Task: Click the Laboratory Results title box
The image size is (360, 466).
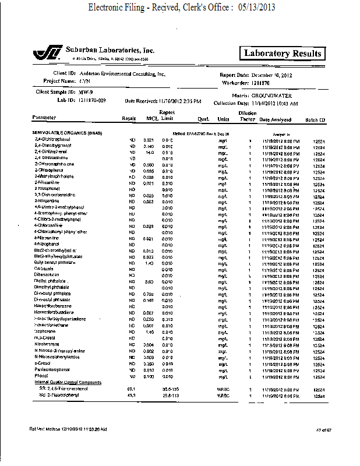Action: [283, 54]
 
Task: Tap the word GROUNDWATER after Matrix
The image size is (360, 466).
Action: [272, 95]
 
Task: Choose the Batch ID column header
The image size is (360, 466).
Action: [315, 119]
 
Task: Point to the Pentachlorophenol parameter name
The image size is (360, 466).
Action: [53, 370]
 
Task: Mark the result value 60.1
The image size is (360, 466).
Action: [131, 389]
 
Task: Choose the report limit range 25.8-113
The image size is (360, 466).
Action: [170, 395]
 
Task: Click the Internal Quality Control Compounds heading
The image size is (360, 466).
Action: [67, 382]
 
